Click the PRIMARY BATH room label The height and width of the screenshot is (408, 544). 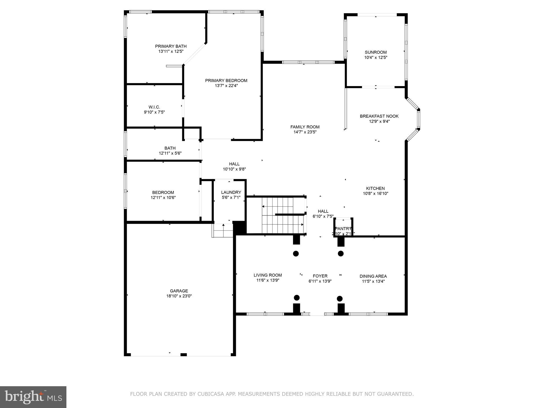(x=171, y=46)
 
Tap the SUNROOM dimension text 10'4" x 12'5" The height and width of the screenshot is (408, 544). (x=376, y=57)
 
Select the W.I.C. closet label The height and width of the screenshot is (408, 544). (x=154, y=107)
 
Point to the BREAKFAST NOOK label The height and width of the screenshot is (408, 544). (x=379, y=116)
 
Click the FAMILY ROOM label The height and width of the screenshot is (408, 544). (x=305, y=127)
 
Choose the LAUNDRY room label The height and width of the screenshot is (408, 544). (x=231, y=192)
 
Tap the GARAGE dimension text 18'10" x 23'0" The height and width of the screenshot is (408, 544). (x=179, y=296)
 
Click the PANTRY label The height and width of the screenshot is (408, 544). (x=343, y=229)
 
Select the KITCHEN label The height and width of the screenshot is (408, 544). (x=375, y=188)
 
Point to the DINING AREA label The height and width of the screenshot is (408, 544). (x=373, y=276)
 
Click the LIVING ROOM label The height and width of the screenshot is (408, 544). (x=267, y=275)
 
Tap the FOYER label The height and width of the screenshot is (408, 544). (x=320, y=276)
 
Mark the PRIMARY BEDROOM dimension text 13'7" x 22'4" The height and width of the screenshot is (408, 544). (x=226, y=86)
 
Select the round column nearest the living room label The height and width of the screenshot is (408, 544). (x=296, y=254)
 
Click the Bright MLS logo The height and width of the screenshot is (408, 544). (x=33, y=397)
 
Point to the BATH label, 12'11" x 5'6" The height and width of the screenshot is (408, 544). (x=170, y=148)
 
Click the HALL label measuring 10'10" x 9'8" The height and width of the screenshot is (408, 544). (x=234, y=164)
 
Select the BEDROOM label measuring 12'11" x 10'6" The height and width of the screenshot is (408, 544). (x=163, y=193)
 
